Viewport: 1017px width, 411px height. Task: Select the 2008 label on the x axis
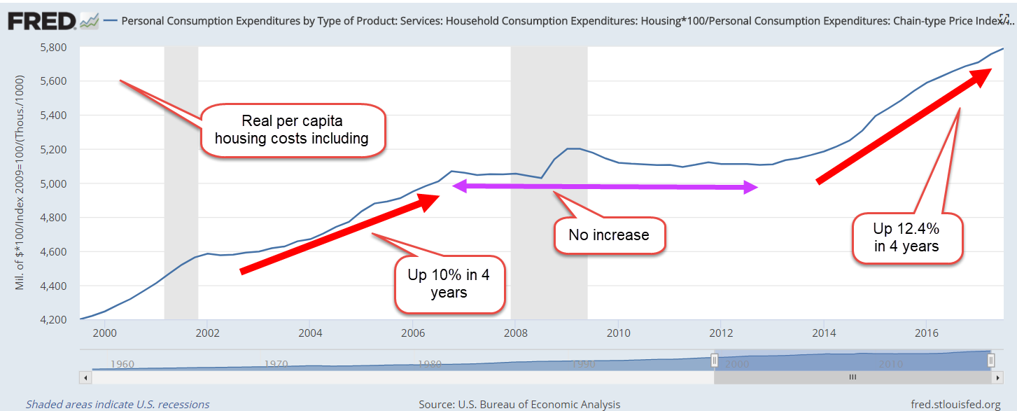point(515,332)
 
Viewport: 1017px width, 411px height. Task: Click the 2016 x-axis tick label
point(927,332)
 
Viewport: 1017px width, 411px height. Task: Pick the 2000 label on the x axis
point(104,332)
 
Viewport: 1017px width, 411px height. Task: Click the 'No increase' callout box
point(608,235)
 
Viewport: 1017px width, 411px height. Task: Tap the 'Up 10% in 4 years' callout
point(448,283)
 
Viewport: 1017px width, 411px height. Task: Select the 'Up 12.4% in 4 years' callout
point(906,237)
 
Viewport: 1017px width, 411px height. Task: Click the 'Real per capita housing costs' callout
point(292,130)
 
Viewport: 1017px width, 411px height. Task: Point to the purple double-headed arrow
point(605,186)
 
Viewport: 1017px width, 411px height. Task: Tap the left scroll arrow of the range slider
point(85,377)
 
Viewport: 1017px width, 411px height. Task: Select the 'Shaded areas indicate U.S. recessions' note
point(118,404)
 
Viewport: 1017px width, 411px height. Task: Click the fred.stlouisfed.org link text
point(955,404)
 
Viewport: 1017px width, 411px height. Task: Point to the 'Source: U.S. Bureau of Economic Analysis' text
point(519,404)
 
